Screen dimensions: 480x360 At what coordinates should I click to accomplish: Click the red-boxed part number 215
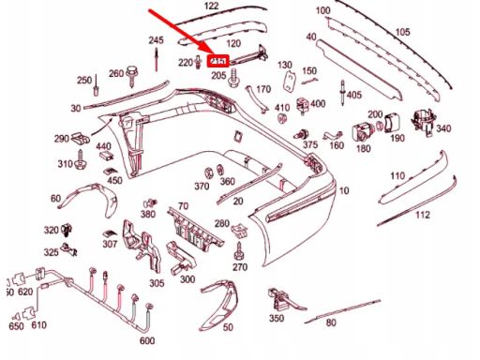click(x=218, y=61)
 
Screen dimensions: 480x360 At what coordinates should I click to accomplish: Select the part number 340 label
click(x=443, y=128)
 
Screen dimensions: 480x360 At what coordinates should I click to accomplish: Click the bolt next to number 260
click(x=130, y=76)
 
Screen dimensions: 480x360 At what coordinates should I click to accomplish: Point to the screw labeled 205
click(x=233, y=79)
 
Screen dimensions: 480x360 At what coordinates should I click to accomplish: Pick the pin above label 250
click(x=97, y=85)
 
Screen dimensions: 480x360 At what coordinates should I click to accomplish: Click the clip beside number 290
click(x=81, y=139)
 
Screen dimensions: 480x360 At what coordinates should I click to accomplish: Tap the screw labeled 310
click(x=81, y=159)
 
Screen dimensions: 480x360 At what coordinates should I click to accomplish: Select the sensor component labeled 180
click(x=361, y=132)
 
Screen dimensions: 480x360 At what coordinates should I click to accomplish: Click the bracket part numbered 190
click(x=392, y=123)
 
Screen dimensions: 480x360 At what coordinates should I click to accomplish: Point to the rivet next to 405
click(x=343, y=93)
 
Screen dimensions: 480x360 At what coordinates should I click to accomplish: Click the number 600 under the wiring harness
click(x=147, y=340)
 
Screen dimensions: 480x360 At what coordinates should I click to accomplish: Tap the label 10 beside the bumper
click(x=344, y=190)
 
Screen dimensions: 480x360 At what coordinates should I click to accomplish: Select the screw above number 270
click(x=239, y=251)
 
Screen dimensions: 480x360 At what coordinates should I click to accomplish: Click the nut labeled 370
click(x=208, y=172)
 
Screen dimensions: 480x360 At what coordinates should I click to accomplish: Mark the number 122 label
click(x=212, y=6)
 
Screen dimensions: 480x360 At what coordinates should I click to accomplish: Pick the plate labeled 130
click(x=290, y=81)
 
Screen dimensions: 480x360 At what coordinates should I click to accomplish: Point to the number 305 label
click(x=157, y=283)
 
